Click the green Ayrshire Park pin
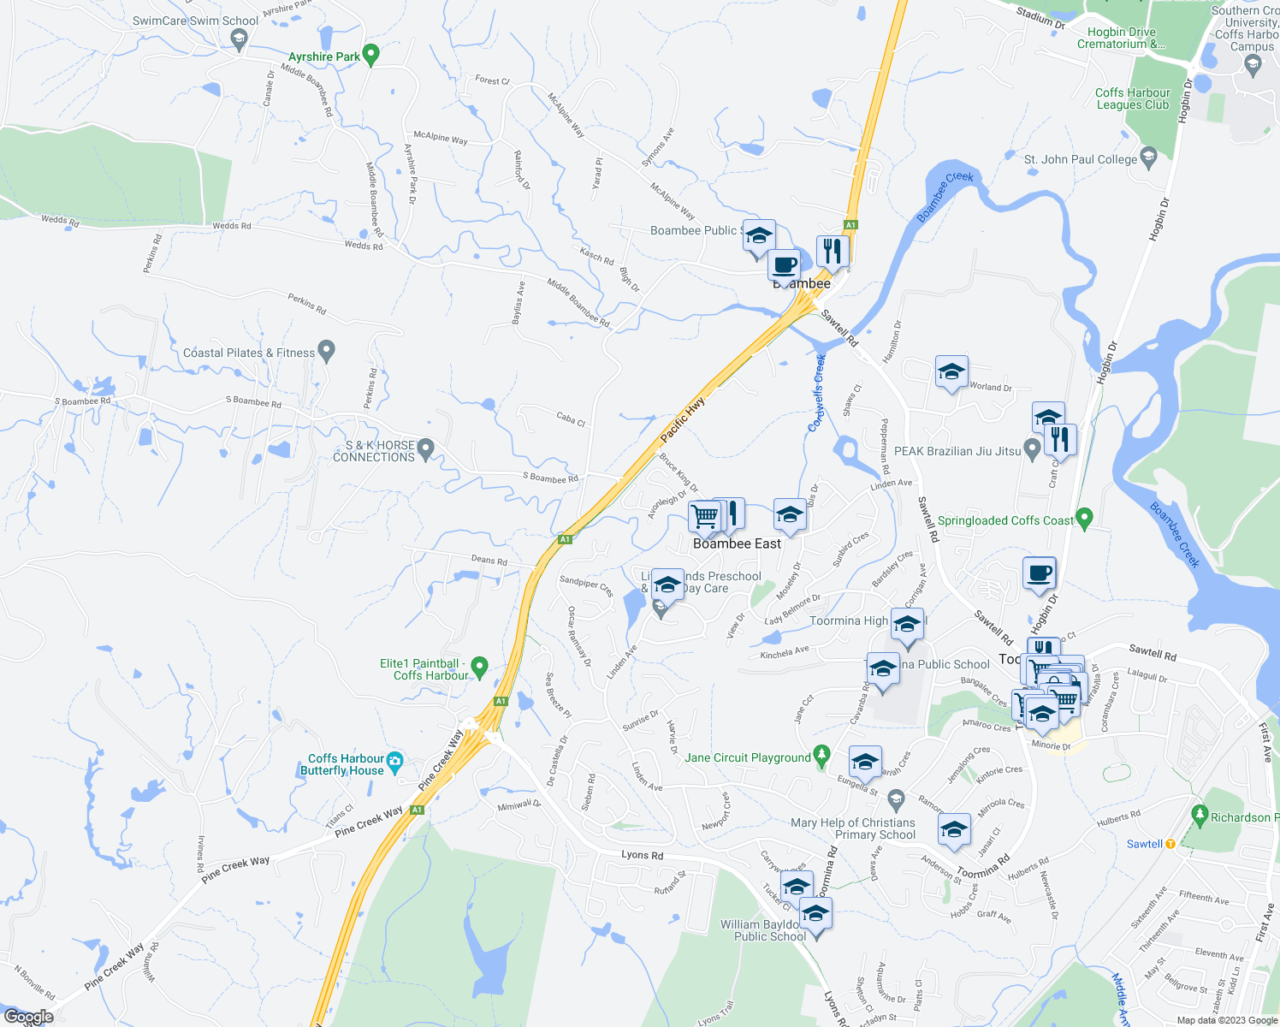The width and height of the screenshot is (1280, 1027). coord(370,55)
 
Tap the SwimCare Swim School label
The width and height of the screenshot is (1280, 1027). coord(196,21)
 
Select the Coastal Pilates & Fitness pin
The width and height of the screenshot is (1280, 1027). coord(326,350)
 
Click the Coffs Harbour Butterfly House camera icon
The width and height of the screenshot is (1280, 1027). coord(394,760)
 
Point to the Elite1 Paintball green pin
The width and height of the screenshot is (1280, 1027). coord(479,666)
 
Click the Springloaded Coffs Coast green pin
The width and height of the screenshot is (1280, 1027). coord(1084,518)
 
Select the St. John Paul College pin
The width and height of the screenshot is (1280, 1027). coord(1148,157)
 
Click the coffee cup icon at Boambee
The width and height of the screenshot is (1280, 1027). coord(784,265)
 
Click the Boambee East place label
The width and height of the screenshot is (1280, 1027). coord(737,543)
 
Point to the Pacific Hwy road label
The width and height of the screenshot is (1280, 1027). coord(683,419)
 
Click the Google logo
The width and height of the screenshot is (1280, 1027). coord(28,1017)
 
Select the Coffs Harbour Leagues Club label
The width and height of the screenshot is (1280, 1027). coord(1132,98)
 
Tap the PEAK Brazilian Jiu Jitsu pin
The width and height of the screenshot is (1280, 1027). coord(1032,448)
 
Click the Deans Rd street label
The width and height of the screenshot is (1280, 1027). coord(489,560)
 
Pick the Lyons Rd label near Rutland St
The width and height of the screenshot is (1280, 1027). coord(642,855)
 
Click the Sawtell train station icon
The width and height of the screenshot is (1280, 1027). coord(1170,844)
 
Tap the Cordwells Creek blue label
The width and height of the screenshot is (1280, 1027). coord(819,393)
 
